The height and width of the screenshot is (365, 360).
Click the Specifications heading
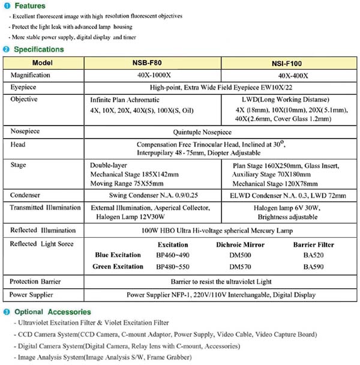coord(38,49)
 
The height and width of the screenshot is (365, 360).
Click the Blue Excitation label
coord(118,255)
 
